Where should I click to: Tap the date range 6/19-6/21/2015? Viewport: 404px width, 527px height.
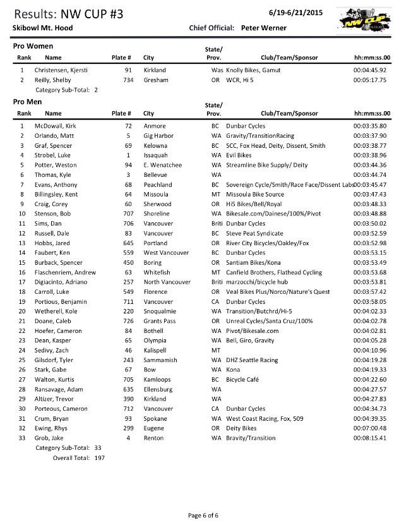click(294, 13)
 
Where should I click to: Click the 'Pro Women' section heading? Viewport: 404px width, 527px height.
click(33, 47)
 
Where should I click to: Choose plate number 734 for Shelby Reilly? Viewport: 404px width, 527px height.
click(126, 80)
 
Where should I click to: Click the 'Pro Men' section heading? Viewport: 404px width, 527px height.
click(29, 101)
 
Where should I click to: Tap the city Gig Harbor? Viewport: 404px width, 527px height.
click(158, 136)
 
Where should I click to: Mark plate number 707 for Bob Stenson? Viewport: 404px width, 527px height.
click(124, 214)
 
